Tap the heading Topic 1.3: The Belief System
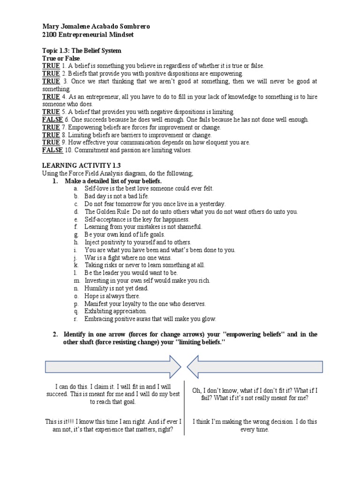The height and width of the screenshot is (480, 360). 82,50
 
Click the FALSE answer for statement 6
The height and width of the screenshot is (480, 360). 52,120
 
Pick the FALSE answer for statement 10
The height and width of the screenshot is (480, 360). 52,150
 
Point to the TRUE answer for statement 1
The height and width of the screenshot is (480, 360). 51,66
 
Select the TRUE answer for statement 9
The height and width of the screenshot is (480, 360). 51,142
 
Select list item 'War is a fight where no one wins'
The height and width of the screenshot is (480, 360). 128,257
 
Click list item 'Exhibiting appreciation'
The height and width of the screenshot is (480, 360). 115,311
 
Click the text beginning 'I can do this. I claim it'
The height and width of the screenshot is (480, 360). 112,394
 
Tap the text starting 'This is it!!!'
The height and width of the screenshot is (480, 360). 113,425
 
